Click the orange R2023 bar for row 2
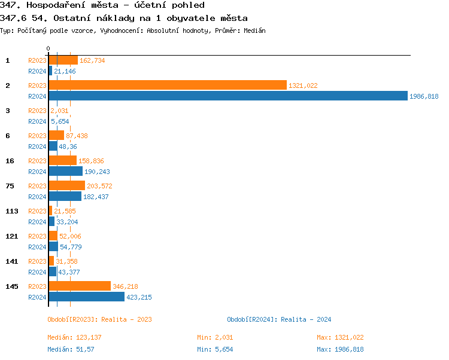pos(168,86)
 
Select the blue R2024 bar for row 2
pos(227,96)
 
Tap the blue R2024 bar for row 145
pos(86,297)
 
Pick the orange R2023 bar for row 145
pos(80,286)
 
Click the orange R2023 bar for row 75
pos(66,186)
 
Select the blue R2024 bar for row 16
pos(65,171)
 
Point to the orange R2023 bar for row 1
pos(63,60)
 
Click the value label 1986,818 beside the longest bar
pos(424,96)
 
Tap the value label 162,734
pos(92,60)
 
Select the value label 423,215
pos(139,297)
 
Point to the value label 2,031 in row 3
pos(59,111)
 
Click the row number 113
pos(11,211)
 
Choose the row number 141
pos(11,261)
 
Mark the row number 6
pos(8,136)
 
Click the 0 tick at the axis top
pos(48,48)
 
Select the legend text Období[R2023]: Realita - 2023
pos(99,319)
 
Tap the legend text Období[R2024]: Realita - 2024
pos(279,319)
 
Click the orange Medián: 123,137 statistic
pos(74,337)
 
